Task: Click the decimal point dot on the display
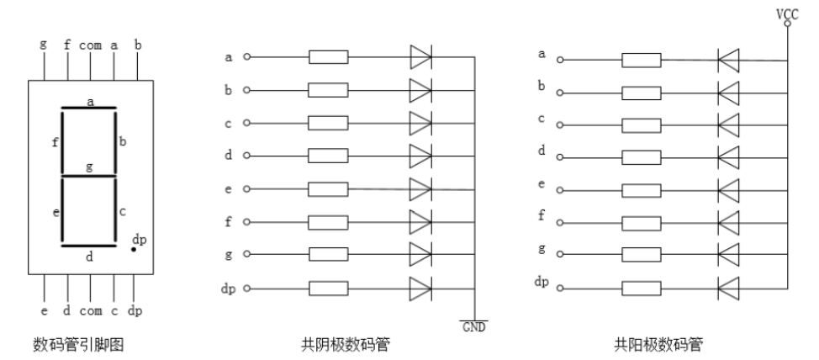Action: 134,250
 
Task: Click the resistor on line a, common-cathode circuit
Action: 329,57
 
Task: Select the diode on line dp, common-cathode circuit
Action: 420,287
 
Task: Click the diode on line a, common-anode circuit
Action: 728,60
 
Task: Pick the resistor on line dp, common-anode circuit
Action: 641,287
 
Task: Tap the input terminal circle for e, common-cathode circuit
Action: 246,188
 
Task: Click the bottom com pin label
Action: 90,310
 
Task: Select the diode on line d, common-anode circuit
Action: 728,156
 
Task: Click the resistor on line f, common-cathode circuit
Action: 329,222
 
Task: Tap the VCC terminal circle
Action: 787,24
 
